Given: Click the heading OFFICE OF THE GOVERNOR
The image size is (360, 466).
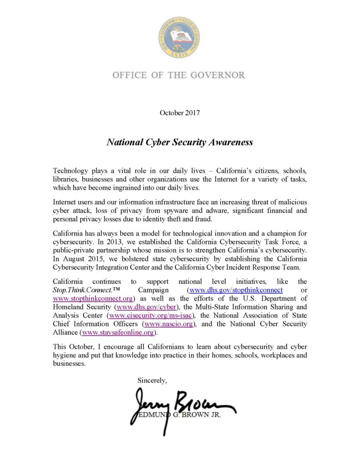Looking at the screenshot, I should coord(179,75).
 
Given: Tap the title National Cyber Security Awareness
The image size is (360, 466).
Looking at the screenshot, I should coord(179,142).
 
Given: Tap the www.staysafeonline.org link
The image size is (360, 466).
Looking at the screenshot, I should coord(113,333).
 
